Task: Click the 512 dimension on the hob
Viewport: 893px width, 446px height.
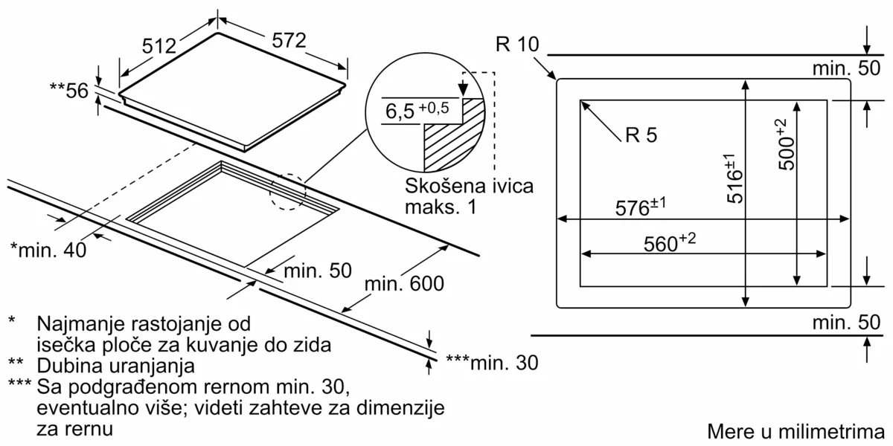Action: pyautogui.click(x=158, y=46)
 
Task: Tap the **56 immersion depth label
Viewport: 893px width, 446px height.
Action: pyautogui.click(x=68, y=90)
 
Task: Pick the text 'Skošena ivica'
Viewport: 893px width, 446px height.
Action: pyautogui.click(x=470, y=185)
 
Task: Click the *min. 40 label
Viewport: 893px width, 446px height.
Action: pyautogui.click(x=48, y=250)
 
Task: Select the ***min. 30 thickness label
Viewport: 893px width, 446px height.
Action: pyautogui.click(x=491, y=362)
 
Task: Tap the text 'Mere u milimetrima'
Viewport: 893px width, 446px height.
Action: pyautogui.click(x=795, y=432)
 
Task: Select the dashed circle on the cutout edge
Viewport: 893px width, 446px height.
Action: pyautogui.click(x=287, y=193)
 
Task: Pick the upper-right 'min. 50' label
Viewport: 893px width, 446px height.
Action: pyautogui.click(x=845, y=68)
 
